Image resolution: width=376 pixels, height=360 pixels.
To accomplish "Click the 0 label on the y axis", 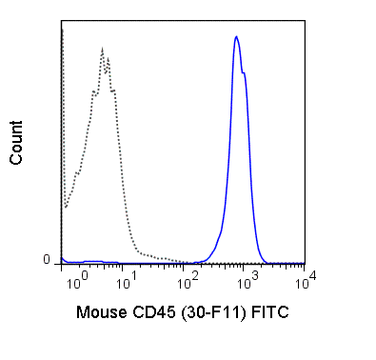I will point(46,259).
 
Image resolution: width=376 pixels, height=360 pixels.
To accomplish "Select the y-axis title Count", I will point(17,143).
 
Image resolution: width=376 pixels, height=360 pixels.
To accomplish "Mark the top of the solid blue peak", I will point(236,36).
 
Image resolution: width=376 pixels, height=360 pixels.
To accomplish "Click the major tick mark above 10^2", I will point(188,268).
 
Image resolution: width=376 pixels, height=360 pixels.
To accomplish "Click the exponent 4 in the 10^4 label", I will point(304,276).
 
